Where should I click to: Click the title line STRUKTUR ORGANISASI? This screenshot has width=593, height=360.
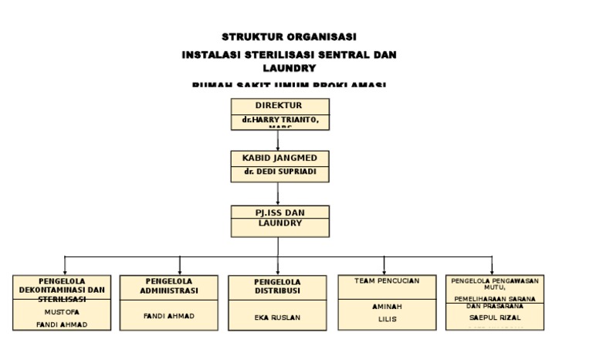pos(289,37)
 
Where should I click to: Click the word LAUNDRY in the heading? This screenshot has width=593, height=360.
pos(289,68)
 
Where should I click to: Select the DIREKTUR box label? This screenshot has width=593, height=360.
pos(278,105)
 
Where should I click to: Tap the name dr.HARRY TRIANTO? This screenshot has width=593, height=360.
pos(278,121)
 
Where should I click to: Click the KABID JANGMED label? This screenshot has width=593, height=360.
pos(278,158)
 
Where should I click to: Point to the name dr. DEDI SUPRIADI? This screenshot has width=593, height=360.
pos(278,172)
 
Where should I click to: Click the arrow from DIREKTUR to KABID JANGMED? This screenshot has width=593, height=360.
pos(278,140)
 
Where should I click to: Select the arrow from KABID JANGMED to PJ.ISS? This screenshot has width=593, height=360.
pos(278,194)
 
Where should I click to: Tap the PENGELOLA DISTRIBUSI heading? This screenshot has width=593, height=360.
pos(278,287)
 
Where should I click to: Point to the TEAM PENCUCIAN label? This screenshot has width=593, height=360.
pos(387,281)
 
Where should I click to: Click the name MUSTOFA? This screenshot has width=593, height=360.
pos(63,312)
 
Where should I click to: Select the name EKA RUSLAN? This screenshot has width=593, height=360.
pos(277,317)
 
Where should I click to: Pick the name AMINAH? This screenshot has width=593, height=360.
pos(387,307)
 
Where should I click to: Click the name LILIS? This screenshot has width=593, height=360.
pos(387,318)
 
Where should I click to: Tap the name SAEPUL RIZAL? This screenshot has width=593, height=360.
pos(495,317)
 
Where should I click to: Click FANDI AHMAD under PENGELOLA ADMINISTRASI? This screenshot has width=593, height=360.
pos(169,316)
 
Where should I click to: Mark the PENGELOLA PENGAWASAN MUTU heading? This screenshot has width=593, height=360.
pos(495,284)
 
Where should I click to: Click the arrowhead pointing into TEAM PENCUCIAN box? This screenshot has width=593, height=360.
pos(387,271)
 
